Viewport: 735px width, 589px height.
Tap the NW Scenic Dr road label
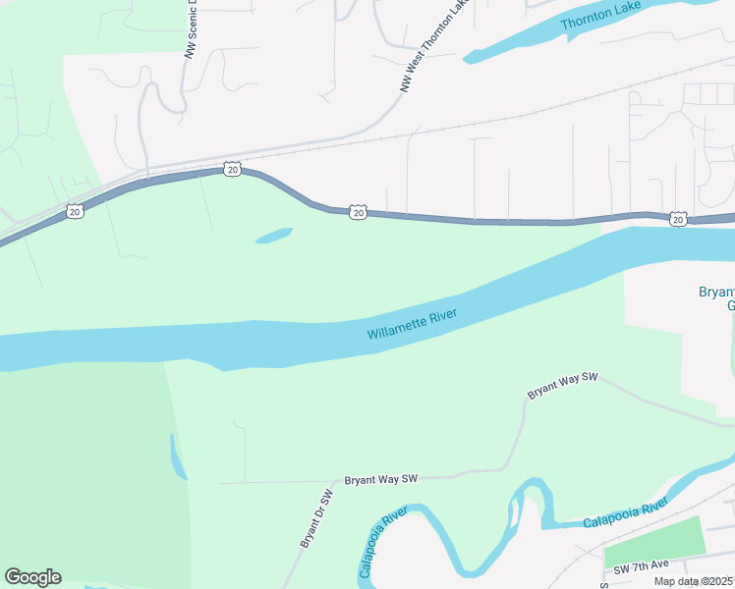(x=192, y=30)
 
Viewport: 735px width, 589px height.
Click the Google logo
(x=32, y=577)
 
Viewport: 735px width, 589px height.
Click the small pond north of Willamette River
(x=274, y=237)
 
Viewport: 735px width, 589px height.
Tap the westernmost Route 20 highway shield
(x=76, y=210)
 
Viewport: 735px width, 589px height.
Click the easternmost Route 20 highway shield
(x=679, y=218)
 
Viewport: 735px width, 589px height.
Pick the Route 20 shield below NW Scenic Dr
(x=231, y=170)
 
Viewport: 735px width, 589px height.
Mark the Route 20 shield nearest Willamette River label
(x=359, y=212)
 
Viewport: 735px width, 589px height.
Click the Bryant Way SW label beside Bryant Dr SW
(x=381, y=479)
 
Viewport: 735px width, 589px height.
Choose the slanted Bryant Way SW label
(x=563, y=386)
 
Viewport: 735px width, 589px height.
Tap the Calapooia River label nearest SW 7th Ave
(x=625, y=512)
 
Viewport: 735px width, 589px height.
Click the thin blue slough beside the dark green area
(x=178, y=457)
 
